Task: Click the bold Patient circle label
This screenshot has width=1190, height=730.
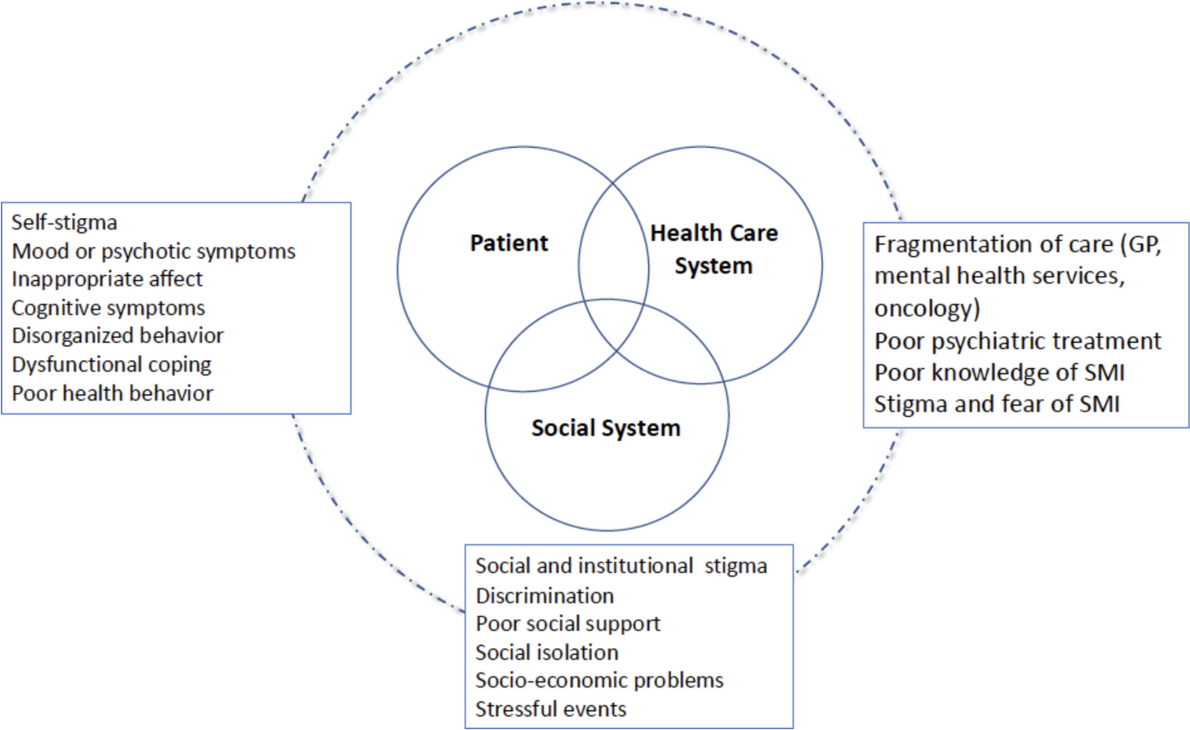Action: tap(509, 243)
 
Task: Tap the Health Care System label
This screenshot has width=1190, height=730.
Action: tap(714, 249)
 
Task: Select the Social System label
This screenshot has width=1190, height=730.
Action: tap(606, 428)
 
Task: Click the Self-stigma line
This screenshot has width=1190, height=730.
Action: tap(64, 222)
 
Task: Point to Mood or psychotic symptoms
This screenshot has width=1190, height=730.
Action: tap(153, 251)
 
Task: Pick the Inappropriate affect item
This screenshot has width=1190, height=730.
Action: tap(107, 279)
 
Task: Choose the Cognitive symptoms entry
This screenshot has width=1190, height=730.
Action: tap(108, 308)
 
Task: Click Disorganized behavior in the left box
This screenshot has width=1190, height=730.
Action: tap(118, 336)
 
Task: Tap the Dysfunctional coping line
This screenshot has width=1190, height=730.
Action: tap(111, 364)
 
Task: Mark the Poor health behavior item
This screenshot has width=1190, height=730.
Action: tap(112, 393)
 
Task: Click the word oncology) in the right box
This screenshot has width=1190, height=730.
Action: tap(927, 308)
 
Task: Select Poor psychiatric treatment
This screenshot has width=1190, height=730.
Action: tap(1017, 341)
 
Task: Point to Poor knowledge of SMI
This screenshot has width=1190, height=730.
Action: tap(999, 373)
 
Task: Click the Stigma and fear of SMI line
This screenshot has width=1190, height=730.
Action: tap(996, 404)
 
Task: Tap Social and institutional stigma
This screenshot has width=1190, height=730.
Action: tap(621, 566)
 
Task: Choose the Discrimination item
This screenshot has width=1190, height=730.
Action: tap(544, 596)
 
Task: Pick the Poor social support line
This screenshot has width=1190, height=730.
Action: tap(568, 624)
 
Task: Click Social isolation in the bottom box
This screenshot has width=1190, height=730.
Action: tap(547, 652)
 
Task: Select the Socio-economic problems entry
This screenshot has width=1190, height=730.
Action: tap(599, 680)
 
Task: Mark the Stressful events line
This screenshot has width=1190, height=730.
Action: tap(551, 709)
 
